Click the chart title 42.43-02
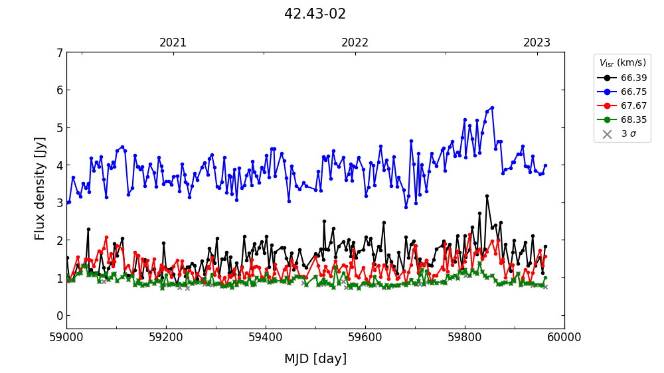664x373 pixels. click(315, 14)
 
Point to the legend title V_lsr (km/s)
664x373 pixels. click(622, 63)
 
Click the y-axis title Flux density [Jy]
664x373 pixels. click(40, 188)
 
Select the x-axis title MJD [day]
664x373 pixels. click(315, 359)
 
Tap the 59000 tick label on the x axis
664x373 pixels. click(66, 337)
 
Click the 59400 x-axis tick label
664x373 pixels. click(266, 337)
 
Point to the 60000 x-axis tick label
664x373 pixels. click(564, 337)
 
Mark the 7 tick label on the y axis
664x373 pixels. click(60, 52)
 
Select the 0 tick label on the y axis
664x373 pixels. click(60, 315)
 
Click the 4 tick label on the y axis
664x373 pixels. click(60, 165)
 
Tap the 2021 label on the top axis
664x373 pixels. click(173, 42)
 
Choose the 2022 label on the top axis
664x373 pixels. click(355, 42)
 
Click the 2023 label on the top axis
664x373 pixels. click(537, 42)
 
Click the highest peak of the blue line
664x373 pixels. click(492, 108)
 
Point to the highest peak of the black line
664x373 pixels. click(487, 196)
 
